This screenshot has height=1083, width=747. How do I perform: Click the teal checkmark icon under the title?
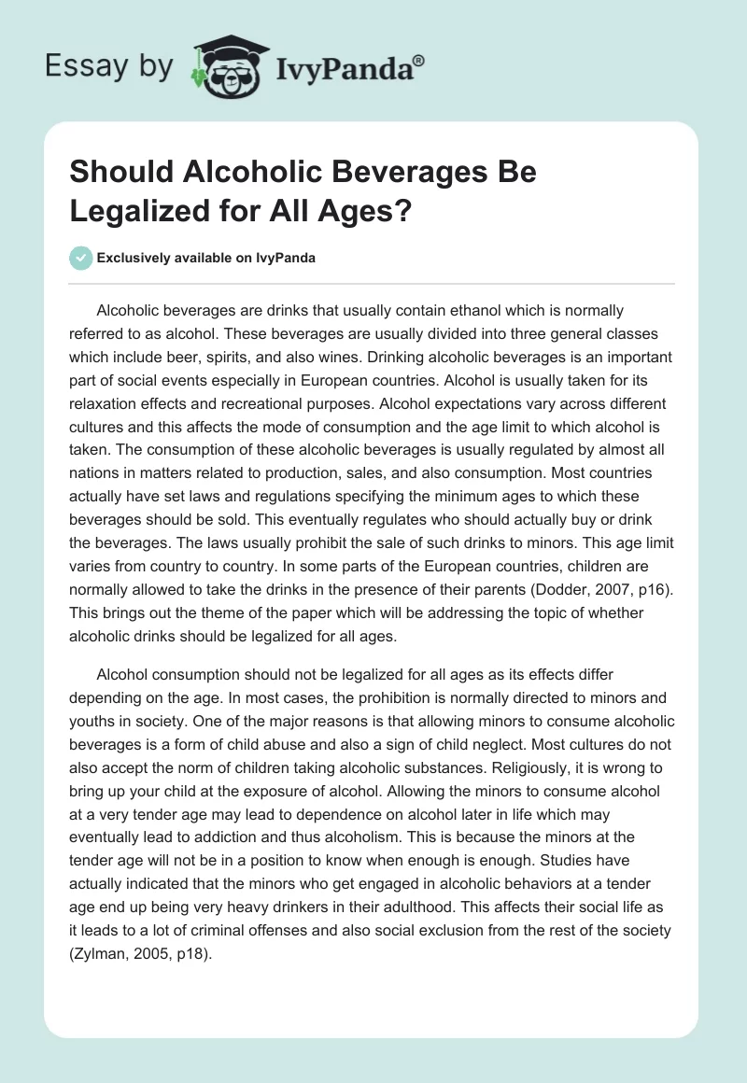pyautogui.click(x=81, y=258)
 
